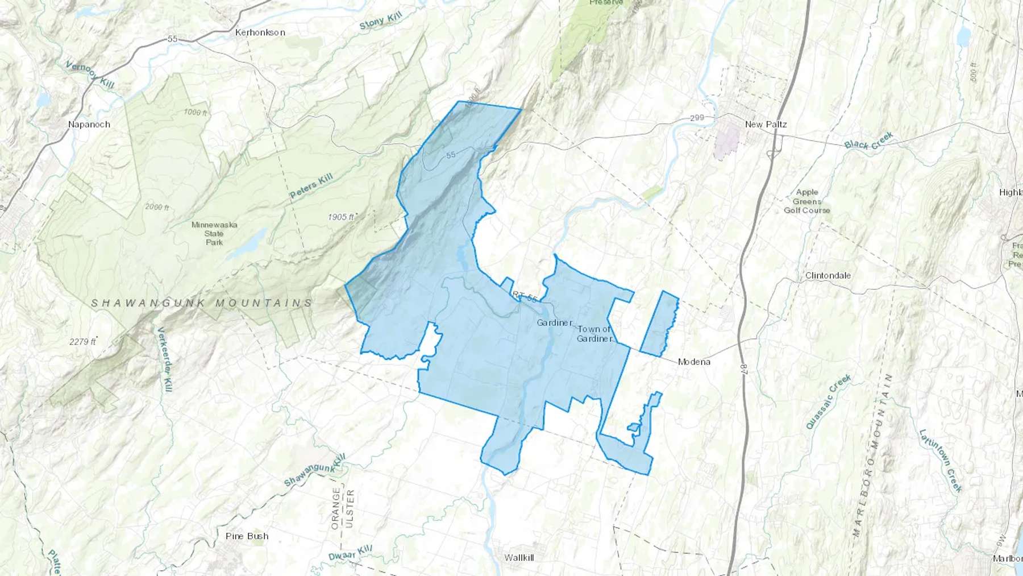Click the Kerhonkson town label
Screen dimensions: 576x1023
pos(260,32)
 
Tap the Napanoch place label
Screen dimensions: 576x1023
pos(89,125)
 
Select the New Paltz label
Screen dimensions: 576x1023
pos(766,124)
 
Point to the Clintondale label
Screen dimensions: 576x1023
pos(828,275)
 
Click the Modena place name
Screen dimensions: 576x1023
pos(694,362)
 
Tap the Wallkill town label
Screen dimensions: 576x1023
pos(519,558)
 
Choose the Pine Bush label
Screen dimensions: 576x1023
pos(247,536)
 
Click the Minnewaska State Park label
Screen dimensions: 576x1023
pos(214,233)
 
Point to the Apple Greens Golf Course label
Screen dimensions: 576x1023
pos(807,201)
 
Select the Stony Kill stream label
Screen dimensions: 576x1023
pos(380,21)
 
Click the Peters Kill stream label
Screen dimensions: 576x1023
pos(311,187)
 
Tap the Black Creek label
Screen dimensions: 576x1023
pos(868,140)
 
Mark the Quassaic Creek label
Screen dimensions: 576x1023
pos(828,401)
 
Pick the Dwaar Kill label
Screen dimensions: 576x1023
pos(350,553)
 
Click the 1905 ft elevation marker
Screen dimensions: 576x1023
pos(341,217)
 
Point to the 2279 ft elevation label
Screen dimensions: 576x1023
pos(82,342)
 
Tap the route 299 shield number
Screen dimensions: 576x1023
pos(697,118)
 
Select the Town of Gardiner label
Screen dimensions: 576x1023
pos(594,334)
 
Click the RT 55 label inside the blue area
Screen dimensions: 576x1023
pos(525,297)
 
